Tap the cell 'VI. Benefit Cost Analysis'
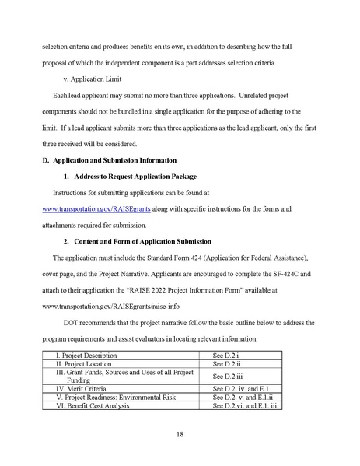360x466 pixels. point(87,405)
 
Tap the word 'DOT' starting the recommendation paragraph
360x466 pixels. point(83,321)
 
